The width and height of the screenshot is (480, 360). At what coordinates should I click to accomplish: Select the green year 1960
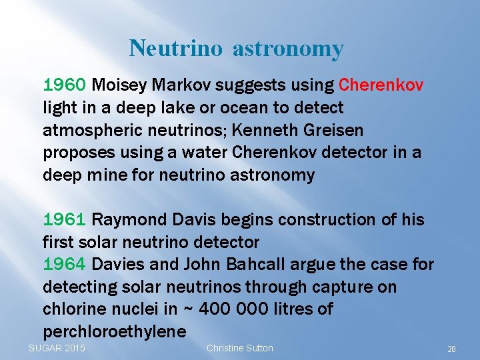[64, 85]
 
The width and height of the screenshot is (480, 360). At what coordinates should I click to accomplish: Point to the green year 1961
[64, 220]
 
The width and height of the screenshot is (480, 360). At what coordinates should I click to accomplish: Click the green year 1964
[64, 265]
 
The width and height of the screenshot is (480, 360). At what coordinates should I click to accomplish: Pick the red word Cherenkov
[381, 85]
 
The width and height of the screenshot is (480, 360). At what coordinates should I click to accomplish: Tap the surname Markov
[180, 85]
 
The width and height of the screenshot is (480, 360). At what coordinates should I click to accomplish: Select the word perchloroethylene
[114, 331]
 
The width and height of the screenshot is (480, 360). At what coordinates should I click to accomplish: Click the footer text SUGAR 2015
[57, 348]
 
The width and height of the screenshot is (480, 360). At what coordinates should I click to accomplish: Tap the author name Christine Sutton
[240, 348]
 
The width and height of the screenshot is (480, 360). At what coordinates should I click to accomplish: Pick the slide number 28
[451, 349]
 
